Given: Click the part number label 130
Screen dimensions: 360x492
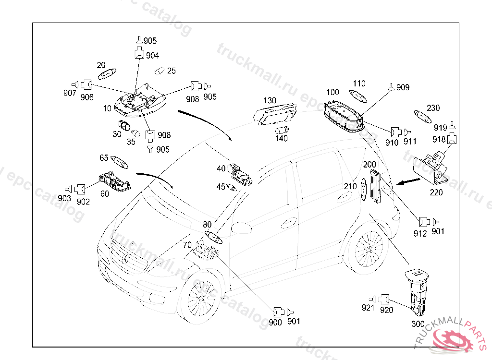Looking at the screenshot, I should [x=270, y=101].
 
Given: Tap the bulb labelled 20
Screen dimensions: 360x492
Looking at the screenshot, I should [x=106, y=74].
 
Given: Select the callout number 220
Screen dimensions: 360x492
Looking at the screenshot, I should [x=436, y=192].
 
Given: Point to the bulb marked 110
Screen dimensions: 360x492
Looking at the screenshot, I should [x=358, y=95].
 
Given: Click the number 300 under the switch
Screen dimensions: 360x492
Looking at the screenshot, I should [x=418, y=324].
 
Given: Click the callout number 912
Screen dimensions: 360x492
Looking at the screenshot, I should [x=420, y=234].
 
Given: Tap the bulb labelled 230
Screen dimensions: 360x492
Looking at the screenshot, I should [x=423, y=117].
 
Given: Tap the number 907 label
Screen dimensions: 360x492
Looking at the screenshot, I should [x=70, y=93].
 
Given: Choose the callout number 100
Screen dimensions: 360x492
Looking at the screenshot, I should [x=332, y=92].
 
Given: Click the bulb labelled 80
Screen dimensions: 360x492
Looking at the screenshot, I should [x=212, y=237].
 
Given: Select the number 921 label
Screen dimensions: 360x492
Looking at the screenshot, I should [x=368, y=308].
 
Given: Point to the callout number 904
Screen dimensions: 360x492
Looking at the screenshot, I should [x=152, y=56].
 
